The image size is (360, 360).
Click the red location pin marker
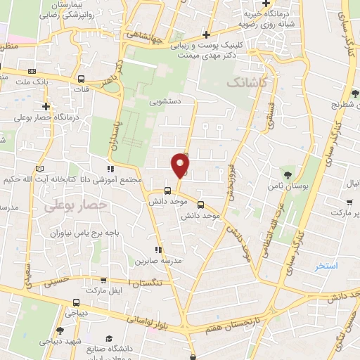181,165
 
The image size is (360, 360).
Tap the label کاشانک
247,83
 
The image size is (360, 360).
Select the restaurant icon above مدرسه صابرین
160,249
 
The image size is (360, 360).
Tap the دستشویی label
165,101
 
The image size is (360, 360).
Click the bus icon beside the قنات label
82,79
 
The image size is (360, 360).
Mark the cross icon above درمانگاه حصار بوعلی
46,106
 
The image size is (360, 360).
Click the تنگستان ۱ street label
155,283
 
